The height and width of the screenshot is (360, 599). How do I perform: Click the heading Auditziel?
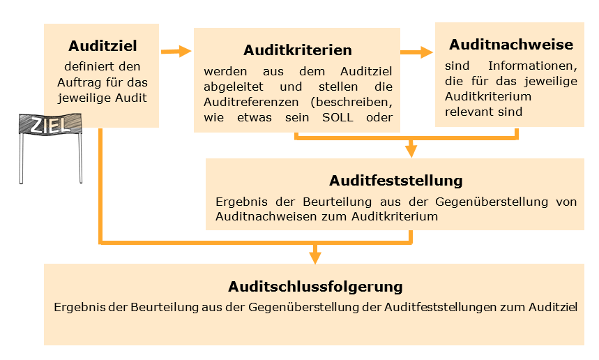click(103, 46)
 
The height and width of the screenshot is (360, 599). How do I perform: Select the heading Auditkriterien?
click(298, 50)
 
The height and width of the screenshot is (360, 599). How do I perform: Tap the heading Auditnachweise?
click(511, 45)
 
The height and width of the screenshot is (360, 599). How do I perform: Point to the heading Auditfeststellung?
click(396, 181)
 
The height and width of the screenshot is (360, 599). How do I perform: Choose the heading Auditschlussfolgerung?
click(315, 287)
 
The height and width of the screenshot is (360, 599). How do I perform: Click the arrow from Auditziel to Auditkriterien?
click(176, 51)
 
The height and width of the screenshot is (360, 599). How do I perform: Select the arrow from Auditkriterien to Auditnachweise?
click(417, 52)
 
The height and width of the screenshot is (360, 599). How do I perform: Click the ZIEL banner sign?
click(50, 123)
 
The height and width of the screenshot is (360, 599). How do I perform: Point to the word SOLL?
click(338, 117)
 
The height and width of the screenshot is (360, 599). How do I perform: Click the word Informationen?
click(533, 66)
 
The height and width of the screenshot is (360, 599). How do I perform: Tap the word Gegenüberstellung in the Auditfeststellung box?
click(492, 202)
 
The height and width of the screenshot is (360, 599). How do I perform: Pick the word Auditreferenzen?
click(251, 102)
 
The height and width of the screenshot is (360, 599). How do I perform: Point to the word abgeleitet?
click(234, 87)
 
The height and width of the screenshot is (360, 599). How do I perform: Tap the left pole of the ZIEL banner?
click(22, 158)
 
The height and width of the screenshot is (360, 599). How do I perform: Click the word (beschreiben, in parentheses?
click(351, 103)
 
